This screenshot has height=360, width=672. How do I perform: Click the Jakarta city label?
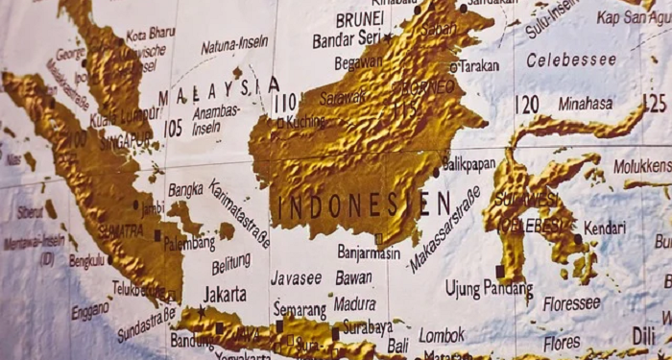[226, 294]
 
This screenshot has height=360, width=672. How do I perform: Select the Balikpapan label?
[471, 163]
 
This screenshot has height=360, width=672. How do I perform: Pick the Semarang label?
[300, 311]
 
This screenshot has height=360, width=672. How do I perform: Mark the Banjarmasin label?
[369, 252]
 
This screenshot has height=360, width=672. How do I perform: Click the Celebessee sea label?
[571, 60]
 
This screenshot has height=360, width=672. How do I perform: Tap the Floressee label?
[571, 303]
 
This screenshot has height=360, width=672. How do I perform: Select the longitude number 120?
[526, 104]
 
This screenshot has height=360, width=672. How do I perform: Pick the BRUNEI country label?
[360, 19]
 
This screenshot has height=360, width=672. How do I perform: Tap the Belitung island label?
[230, 263]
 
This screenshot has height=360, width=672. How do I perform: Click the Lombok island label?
[442, 335]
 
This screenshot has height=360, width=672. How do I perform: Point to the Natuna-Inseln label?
[234, 44]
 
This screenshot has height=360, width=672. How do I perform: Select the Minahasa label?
[585, 103]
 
